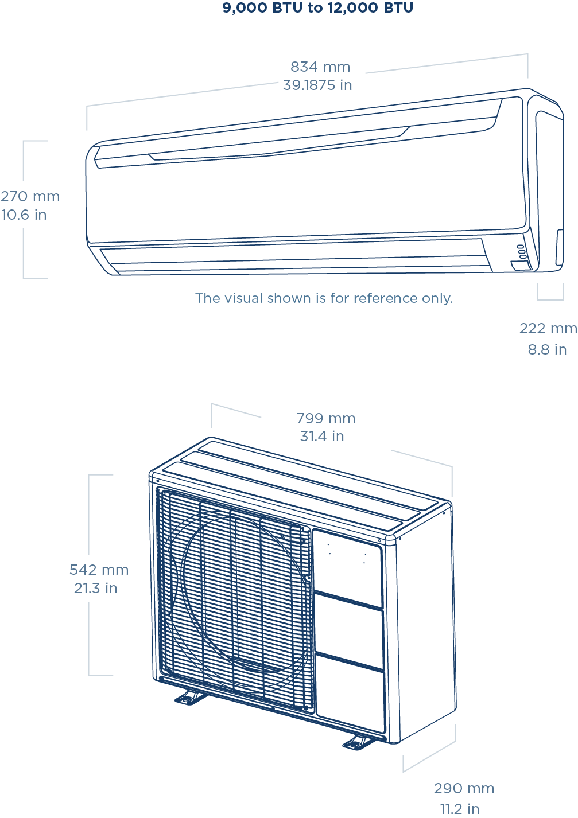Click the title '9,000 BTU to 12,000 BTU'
317,8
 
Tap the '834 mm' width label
320,67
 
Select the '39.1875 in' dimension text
317,85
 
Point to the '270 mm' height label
30,196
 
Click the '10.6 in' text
24,215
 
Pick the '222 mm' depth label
548,329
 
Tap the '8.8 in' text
547,349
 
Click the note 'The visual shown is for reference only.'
324,298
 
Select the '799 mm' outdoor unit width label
326,419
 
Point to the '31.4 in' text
322,437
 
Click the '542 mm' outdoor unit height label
99,570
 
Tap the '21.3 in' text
96,588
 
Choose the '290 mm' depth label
464,789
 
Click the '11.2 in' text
460,809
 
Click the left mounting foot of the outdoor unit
189,698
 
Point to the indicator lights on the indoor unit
520,251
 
